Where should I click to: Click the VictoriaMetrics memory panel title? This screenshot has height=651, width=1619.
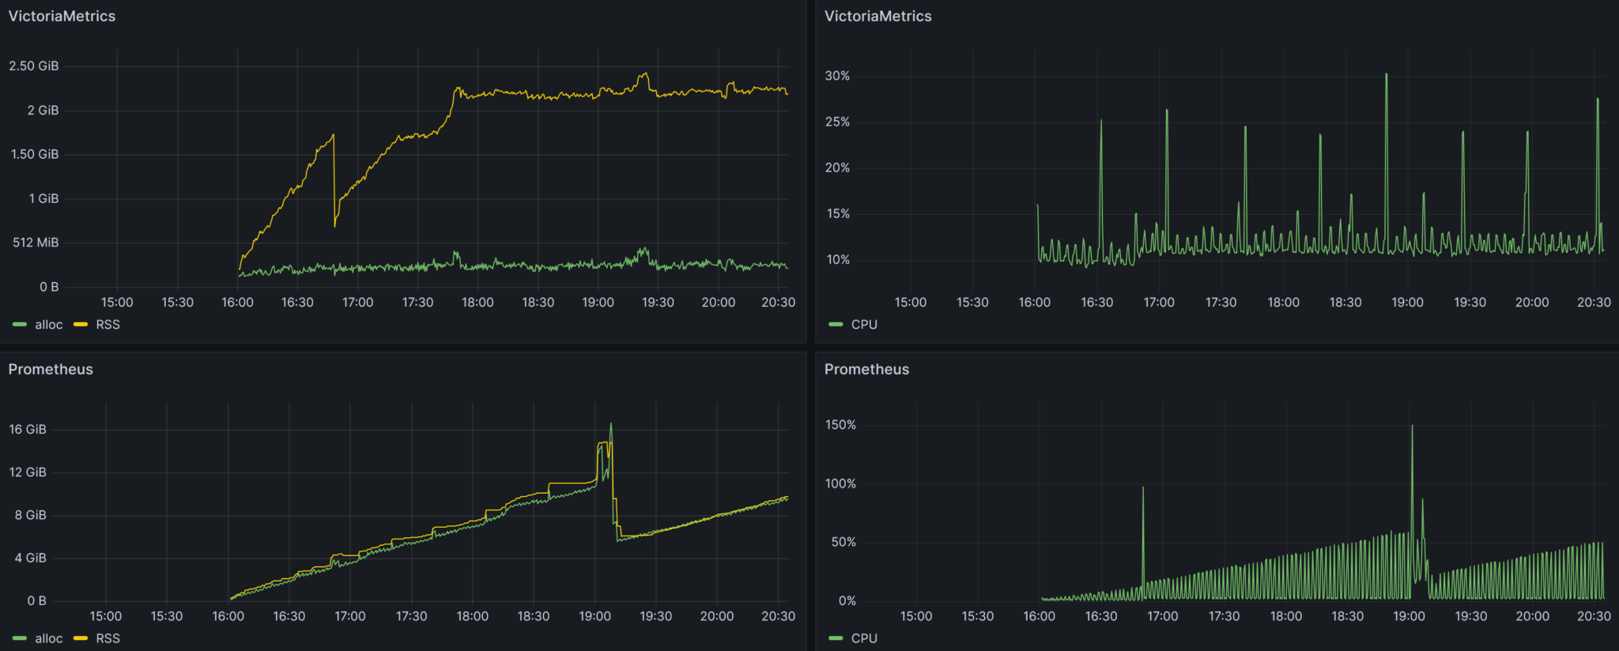tap(62, 16)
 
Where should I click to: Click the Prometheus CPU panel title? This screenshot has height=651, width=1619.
tap(866, 369)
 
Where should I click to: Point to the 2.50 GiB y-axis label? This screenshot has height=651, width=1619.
tap(34, 66)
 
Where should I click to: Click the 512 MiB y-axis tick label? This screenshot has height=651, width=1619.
tap(36, 243)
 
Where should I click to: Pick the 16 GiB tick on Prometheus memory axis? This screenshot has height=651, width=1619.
tap(28, 429)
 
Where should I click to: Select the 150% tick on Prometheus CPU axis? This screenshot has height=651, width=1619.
tap(840, 425)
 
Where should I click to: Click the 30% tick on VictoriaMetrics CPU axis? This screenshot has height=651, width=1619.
tap(837, 76)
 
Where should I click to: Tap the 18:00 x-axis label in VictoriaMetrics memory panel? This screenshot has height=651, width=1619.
tap(477, 303)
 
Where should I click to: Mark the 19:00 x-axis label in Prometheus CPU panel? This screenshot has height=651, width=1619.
tap(1409, 616)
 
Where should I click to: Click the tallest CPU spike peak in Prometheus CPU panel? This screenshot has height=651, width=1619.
tap(1412, 427)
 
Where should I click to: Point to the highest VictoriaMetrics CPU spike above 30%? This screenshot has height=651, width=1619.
tap(1386, 75)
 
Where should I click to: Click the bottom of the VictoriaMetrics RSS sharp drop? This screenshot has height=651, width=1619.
tap(335, 226)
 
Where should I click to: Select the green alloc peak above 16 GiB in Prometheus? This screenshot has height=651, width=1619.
tap(610, 424)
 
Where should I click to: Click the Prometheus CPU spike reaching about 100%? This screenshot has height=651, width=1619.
tap(1142, 487)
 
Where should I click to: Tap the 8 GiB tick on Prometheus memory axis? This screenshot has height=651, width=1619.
tap(31, 515)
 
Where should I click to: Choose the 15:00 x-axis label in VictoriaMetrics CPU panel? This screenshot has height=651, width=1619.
tap(910, 303)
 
